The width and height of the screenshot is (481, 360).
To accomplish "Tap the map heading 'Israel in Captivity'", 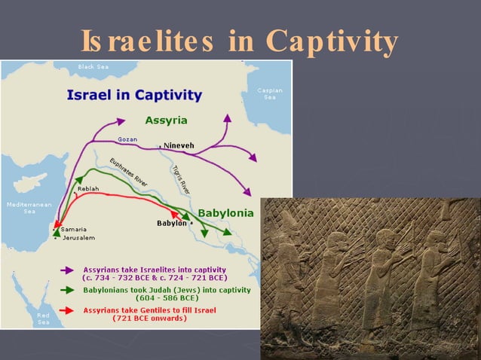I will pos(134,96).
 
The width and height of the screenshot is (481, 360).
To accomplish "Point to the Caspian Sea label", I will pos(269,93).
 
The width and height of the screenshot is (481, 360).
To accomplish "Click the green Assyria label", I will pos(166,121).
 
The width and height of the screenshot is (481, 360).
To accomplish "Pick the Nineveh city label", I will pos(178,145).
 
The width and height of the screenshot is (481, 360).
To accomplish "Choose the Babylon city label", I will pos(171,223).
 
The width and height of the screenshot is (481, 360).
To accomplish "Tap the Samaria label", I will pos(74,229).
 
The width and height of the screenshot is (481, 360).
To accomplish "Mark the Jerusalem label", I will pos(78,238).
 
